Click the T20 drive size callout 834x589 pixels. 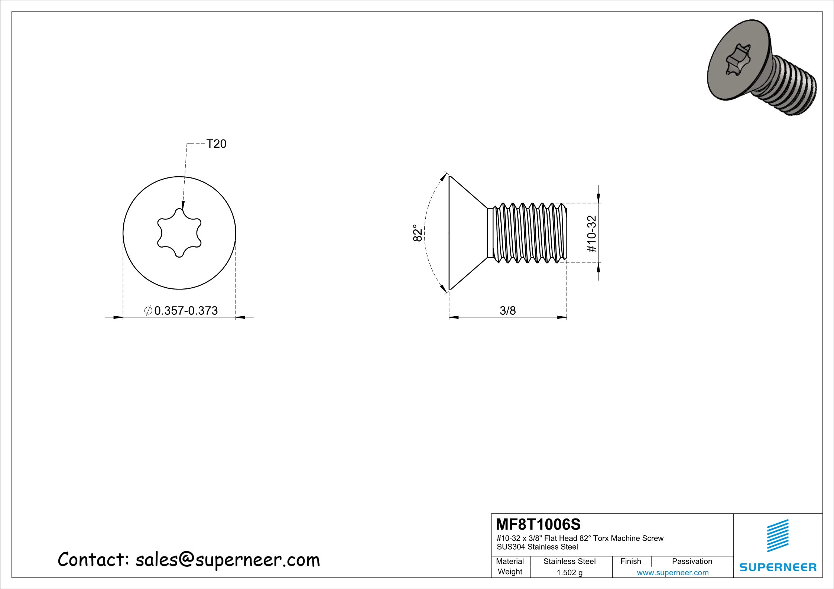(216, 144)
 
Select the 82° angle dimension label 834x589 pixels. (418, 233)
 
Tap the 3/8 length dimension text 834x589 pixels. (507, 310)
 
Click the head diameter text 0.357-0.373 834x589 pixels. (185, 310)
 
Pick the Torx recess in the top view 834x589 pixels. (179, 233)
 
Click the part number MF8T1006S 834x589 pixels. (538, 524)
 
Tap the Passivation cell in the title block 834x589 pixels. (692, 562)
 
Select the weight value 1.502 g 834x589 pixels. (569, 573)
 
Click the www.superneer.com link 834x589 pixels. (672, 573)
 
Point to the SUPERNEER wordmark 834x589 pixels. (778, 567)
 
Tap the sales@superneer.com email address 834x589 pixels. (227, 560)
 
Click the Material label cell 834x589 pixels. (510, 562)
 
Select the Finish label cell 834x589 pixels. (630, 562)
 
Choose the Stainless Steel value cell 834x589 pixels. (569, 562)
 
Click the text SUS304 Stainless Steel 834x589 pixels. (537, 547)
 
